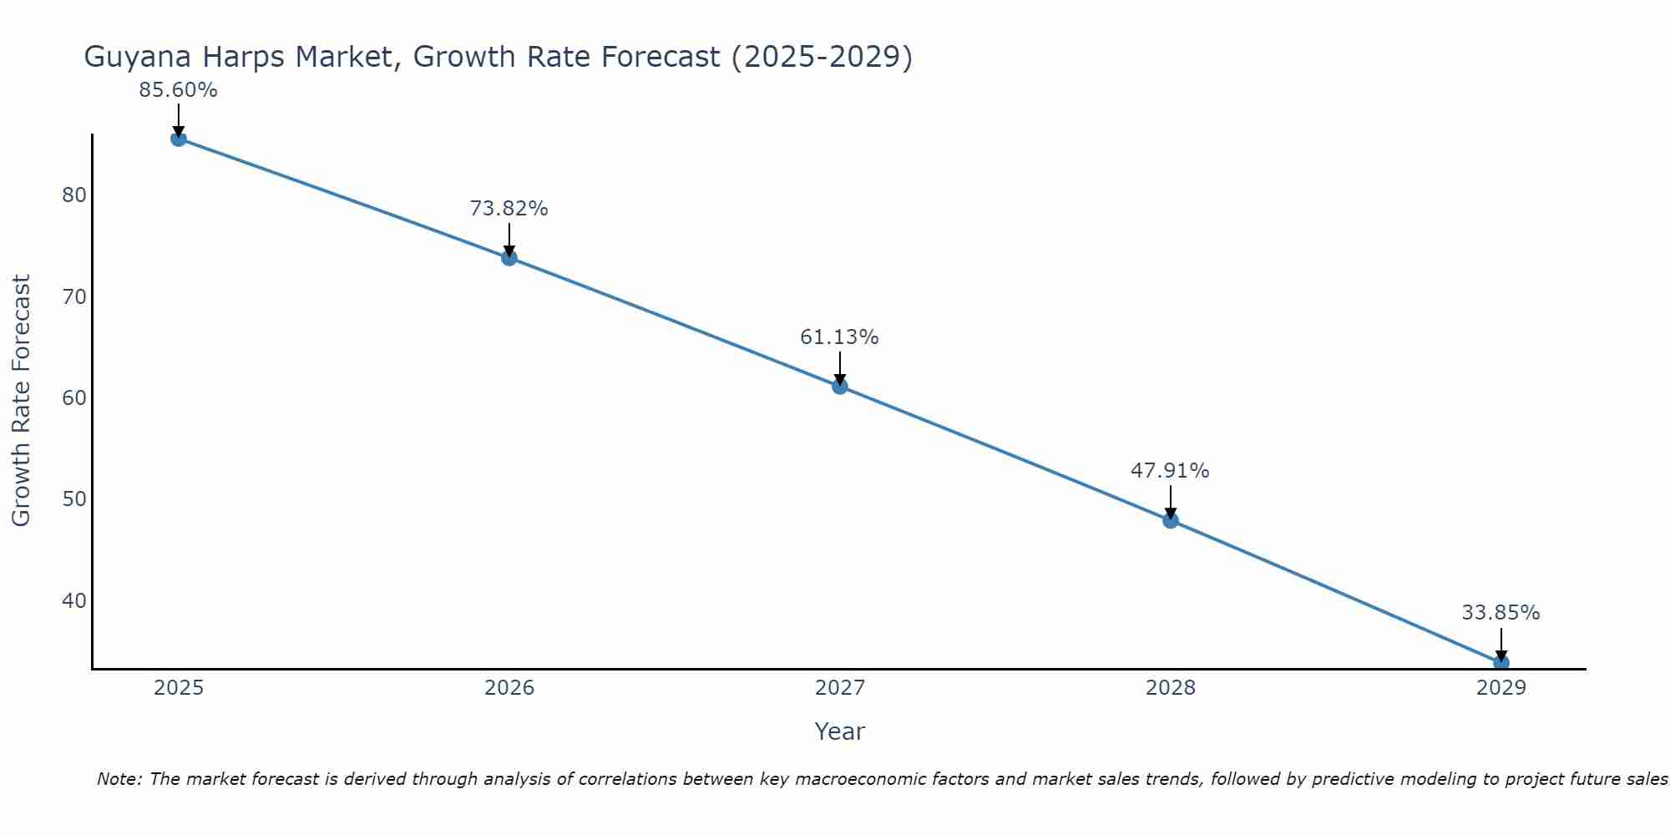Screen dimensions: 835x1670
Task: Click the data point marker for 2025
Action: click(178, 139)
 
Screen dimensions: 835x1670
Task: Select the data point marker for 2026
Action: click(509, 258)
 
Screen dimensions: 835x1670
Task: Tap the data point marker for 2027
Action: click(839, 386)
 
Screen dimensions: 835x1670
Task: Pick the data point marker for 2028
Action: click(1170, 520)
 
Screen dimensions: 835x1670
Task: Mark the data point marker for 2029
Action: click(1500, 662)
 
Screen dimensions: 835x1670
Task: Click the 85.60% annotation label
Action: click(178, 90)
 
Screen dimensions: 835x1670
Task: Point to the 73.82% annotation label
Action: click(509, 209)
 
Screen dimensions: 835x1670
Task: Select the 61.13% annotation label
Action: click(839, 337)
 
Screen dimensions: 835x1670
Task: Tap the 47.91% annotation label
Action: click(1170, 471)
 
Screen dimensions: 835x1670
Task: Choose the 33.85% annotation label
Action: click(1500, 613)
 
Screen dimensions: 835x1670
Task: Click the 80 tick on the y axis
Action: click(74, 195)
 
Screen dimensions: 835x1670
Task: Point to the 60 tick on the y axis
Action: click(74, 398)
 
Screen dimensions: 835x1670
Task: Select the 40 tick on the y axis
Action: click(74, 601)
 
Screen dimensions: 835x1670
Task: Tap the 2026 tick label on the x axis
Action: click(509, 688)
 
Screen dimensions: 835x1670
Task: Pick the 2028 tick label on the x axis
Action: click(1170, 688)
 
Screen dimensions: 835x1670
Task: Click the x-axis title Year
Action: click(839, 731)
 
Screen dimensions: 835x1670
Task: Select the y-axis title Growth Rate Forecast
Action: click(22, 400)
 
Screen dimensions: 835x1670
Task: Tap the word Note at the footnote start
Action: click(120, 779)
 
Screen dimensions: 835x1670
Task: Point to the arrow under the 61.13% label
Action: click(839, 367)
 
